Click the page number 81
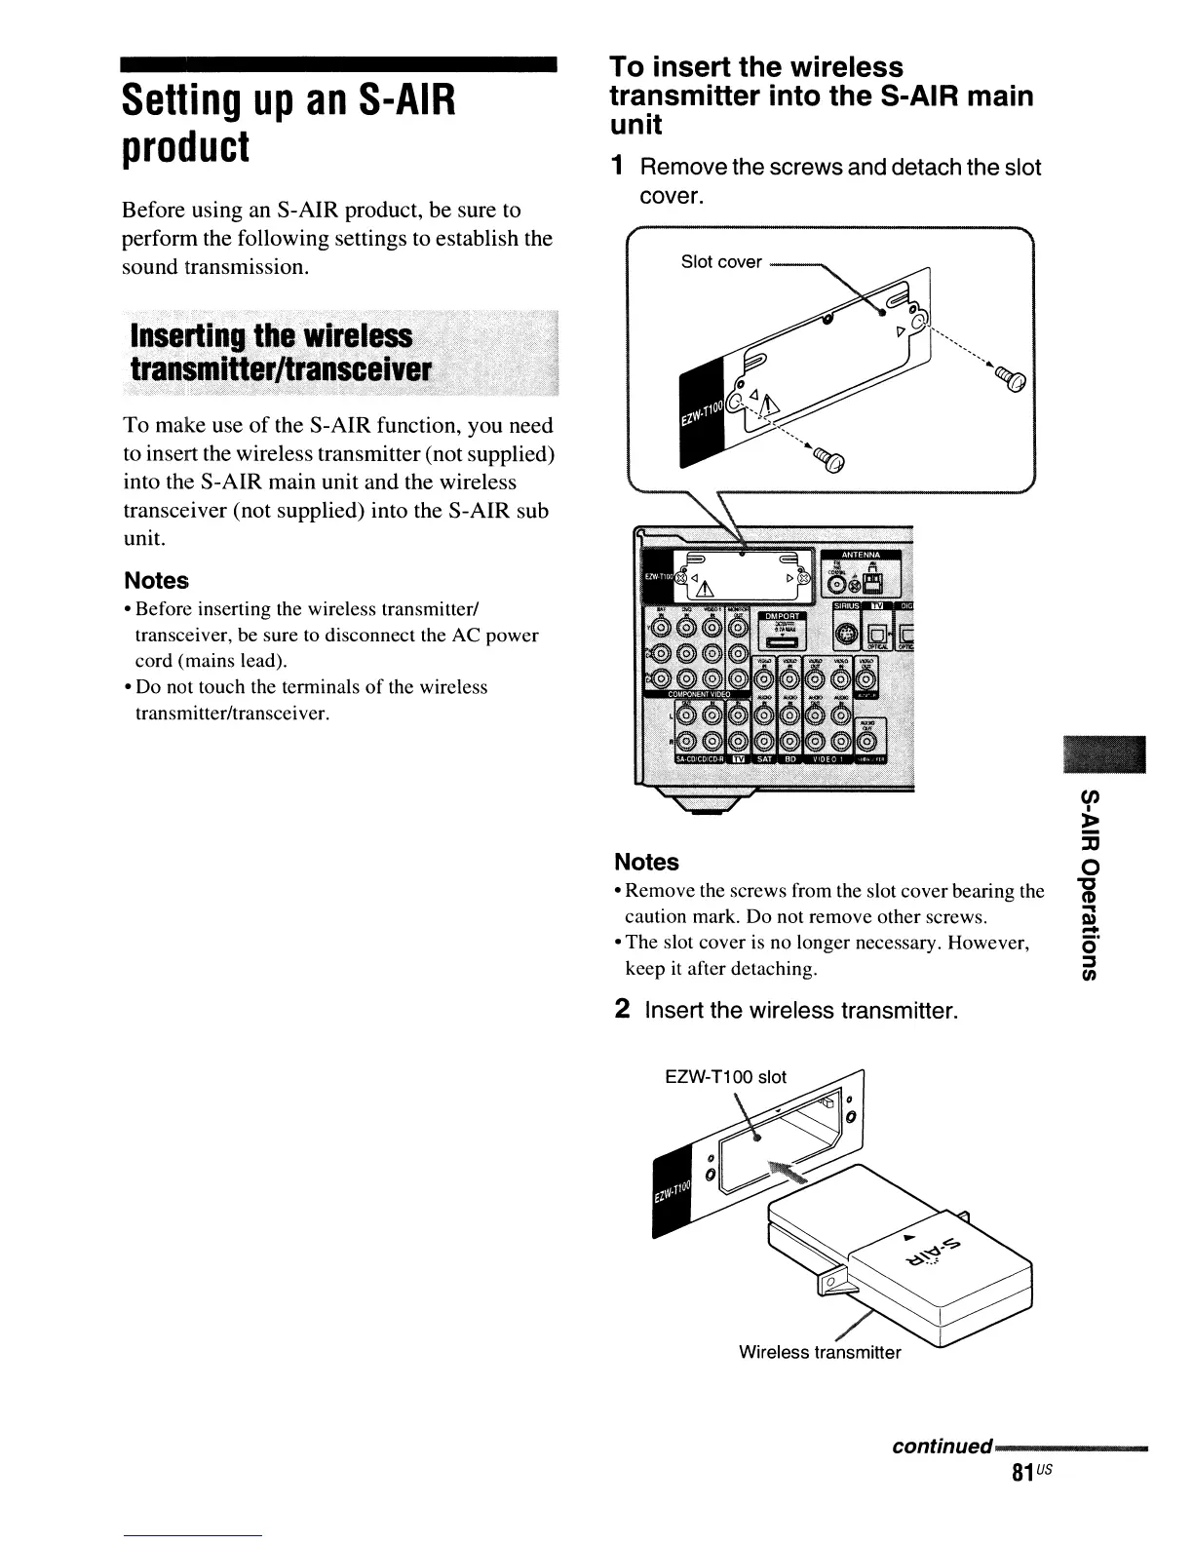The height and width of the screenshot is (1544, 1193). click(1021, 1472)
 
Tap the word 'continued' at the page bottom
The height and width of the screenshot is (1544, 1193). click(942, 1446)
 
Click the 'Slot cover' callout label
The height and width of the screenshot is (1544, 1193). click(721, 262)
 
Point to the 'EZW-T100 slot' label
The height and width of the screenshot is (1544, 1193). click(724, 1077)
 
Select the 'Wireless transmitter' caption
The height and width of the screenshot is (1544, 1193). click(820, 1352)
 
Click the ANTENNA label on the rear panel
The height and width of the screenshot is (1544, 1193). click(854, 556)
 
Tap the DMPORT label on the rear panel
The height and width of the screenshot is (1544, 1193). click(782, 615)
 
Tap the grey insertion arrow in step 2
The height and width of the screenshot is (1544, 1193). click(788, 1174)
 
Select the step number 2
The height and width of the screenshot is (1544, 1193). click(621, 1009)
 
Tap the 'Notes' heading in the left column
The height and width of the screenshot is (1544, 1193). click(156, 580)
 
